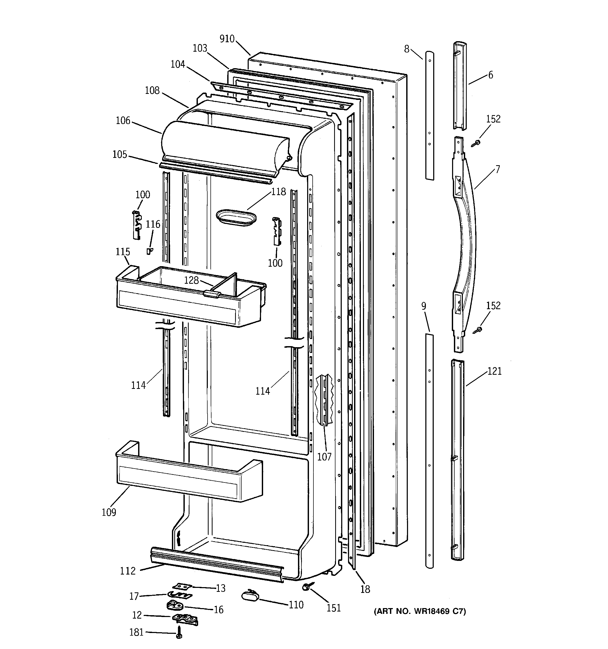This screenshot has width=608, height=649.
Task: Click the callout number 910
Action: (x=227, y=39)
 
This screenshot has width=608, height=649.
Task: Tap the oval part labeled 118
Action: (x=236, y=217)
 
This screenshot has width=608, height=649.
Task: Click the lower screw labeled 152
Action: (x=477, y=330)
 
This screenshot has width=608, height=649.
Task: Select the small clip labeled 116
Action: (x=149, y=251)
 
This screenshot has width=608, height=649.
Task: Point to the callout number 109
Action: (x=109, y=512)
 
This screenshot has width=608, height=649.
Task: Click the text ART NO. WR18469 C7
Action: (x=420, y=611)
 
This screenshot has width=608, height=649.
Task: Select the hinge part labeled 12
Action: (x=185, y=618)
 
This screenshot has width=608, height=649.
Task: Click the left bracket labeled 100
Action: (x=137, y=225)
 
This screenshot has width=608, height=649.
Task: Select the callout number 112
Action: (x=128, y=571)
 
